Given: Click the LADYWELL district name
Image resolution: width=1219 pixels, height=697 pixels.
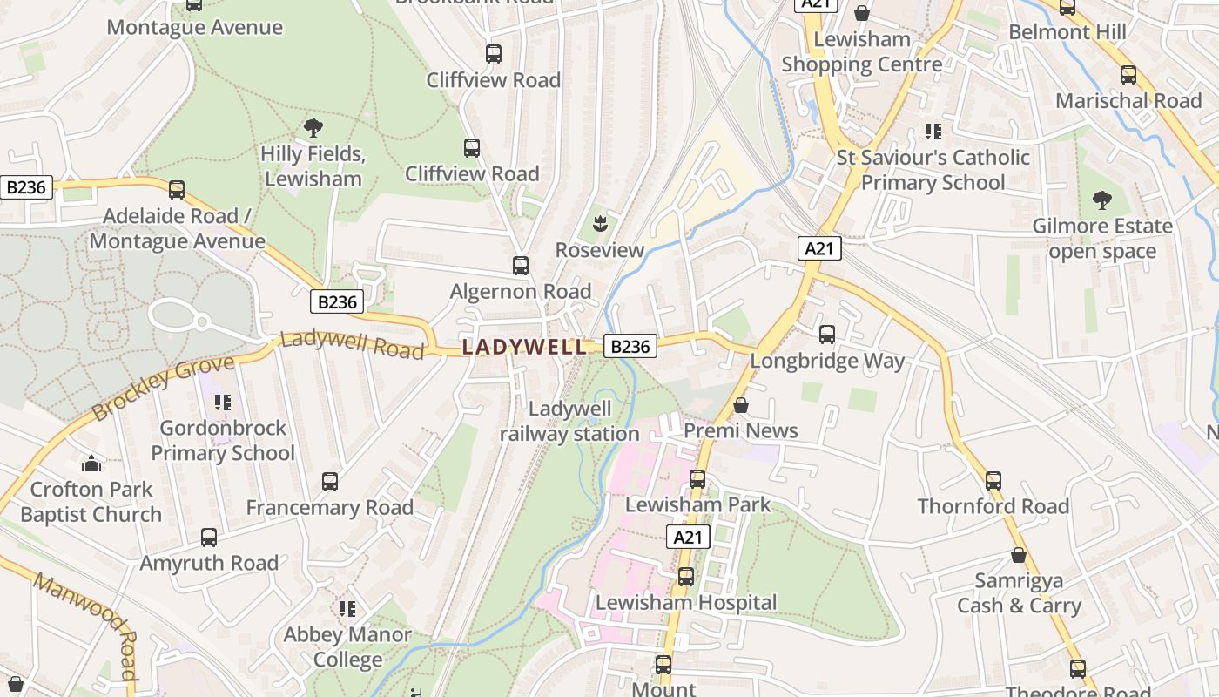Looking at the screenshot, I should (x=524, y=347).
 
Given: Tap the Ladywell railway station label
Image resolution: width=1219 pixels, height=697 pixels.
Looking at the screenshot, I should (x=570, y=421).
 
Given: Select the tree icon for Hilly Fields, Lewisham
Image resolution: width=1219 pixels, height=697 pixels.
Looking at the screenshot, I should (x=313, y=129).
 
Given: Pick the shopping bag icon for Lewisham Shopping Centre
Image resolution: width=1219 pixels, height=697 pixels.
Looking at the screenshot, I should (x=861, y=13).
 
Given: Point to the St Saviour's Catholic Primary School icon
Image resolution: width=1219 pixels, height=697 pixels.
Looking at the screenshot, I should (x=933, y=132).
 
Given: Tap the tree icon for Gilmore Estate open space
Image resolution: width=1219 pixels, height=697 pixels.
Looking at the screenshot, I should (x=1101, y=200).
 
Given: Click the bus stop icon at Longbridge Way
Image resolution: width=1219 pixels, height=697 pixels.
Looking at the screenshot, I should (x=827, y=335).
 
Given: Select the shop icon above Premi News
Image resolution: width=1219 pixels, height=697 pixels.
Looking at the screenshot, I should (x=741, y=405).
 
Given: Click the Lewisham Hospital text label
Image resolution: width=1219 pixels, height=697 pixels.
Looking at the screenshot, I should (x=686, y=602).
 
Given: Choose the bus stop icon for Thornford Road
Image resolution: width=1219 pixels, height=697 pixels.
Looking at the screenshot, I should (x=993, y=480).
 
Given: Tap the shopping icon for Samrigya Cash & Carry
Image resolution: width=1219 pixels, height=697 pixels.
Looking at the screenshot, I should (x=1019, y=555).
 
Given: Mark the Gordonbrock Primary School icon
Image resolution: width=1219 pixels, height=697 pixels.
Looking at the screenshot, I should (x=223, y=402).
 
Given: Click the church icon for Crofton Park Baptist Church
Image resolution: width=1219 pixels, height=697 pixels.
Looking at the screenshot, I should (x=91, y=464).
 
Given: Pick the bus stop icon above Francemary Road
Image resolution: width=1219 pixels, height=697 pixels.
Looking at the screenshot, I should (x=330, y=482).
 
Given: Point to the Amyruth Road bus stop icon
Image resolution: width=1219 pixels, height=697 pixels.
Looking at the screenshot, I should (x=209, y=538).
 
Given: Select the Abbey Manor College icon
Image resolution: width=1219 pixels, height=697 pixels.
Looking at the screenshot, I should (x=347, y=608).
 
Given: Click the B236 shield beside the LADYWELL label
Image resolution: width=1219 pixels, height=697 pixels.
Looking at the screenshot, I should (x=630, y=347).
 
